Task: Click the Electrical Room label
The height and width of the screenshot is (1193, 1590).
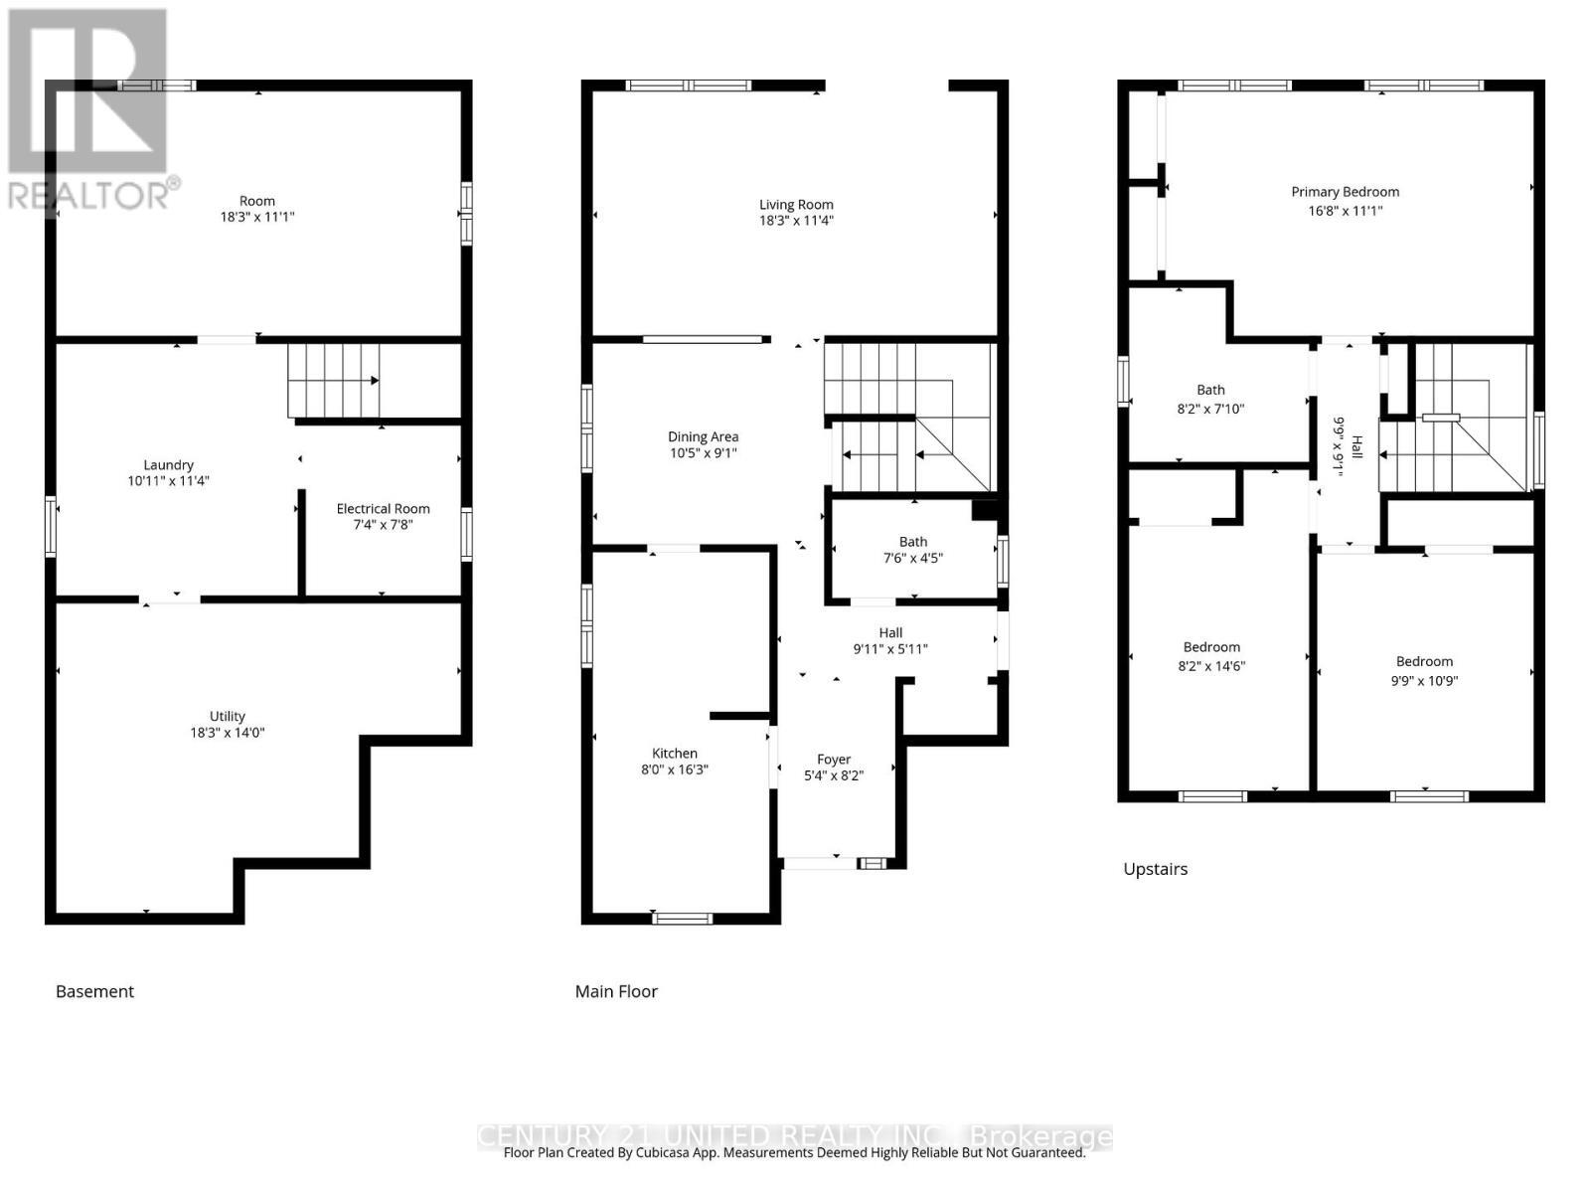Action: tap(383, 508)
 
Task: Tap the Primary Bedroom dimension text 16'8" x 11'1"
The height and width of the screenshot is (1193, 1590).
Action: tap(1345, 211)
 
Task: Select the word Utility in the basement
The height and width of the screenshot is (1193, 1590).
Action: tap(227, 716)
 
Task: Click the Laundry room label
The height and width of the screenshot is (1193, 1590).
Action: tap(168, 464)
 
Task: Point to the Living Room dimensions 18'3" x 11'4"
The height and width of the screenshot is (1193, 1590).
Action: tap(796, 221)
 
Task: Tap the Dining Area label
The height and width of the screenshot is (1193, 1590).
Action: tap(703, 436)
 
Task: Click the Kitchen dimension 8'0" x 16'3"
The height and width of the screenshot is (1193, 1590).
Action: tap(675, 769)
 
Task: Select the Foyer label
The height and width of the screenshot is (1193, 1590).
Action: tap(834, 760)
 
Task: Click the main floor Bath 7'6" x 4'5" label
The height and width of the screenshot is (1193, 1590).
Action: tap(913, 550)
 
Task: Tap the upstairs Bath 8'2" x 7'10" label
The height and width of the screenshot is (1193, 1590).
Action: tap(1210, 399)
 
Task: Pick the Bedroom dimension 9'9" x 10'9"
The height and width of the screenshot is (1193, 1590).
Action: tap(1424, 681)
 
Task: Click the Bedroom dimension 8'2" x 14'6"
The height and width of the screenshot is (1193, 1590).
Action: tap(1211, 666)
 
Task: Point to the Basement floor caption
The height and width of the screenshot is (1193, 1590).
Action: tap(94, 991)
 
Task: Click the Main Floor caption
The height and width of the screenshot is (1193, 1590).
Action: tap(616, 991)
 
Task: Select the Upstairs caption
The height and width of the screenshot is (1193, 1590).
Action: tap(1155, 869)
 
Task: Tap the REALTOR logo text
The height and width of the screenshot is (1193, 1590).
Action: tap(89, 195)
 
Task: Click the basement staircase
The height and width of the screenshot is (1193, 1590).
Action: tap(334, 381)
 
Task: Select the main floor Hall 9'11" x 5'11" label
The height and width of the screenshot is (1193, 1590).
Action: tap(890, 640)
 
